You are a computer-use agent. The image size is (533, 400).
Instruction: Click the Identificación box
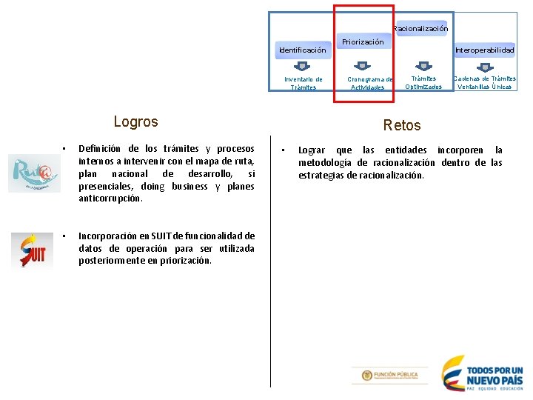point(302,50)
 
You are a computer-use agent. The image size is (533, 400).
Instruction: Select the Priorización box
point(363,42)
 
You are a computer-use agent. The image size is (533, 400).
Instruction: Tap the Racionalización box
point(420,29)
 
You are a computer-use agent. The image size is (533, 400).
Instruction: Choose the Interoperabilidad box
point(485,50)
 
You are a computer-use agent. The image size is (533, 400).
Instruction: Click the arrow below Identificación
point(302,66)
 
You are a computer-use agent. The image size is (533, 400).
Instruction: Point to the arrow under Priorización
point(363,66)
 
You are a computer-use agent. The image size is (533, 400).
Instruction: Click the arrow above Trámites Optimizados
point(423,66)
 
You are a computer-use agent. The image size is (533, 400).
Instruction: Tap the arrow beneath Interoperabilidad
point(485,66)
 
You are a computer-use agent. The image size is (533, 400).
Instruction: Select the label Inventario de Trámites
point(304,83)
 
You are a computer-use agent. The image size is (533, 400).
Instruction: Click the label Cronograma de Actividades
point(370,83)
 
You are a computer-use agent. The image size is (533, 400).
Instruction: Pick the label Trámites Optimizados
point(423,82)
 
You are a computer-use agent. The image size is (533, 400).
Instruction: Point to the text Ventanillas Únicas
point(485,87)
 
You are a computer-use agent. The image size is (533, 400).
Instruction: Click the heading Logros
point(136,121)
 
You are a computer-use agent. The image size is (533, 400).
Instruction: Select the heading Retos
point(402,125)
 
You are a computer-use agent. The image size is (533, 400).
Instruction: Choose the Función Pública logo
point(389,376)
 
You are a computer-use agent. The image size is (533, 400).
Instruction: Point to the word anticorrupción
point(111,199)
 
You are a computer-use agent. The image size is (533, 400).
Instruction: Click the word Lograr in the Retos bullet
point(312,150)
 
